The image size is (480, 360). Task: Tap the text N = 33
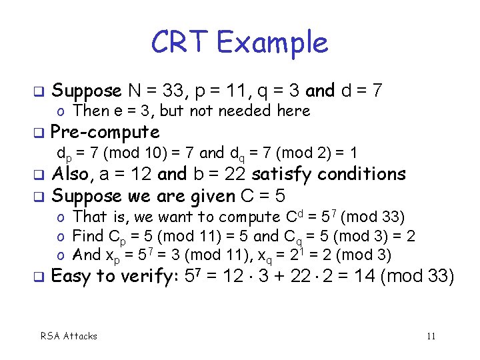pyautogui.click(x=161, y=90)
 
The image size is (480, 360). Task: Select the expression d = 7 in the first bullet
pyautogui.click(x=361, y=90)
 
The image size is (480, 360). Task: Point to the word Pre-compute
pyautogui.click(x=105, y=132)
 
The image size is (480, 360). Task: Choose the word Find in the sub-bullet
pyautogui.click(x=87, y=236)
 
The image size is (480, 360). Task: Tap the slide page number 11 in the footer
pyautogui.click(x=431, y=336)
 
